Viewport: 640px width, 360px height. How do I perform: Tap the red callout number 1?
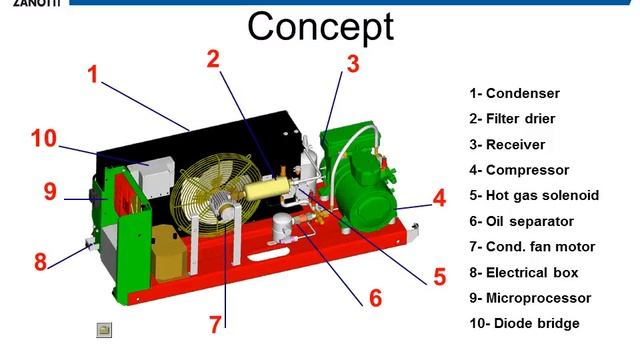click(93, 74)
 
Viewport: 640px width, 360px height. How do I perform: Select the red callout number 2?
click(213, 58)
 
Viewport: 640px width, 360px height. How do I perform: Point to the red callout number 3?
click(352, 64)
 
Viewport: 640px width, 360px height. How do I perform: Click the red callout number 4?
click(439, 197)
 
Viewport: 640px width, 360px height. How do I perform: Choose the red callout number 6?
click(375, 297)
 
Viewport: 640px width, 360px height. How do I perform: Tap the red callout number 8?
click(40, 263)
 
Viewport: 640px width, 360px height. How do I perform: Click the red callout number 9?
click(50, 190)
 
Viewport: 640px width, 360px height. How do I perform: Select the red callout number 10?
click(43, 138)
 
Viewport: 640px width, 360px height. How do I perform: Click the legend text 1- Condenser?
click(514, 94)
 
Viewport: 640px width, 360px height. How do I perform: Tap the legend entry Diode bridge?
click(524, 323)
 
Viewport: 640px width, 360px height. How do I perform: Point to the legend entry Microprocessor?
click(530, 298)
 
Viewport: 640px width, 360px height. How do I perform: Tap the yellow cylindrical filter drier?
click(261, 187)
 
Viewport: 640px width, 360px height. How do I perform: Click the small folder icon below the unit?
click(104, 328)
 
